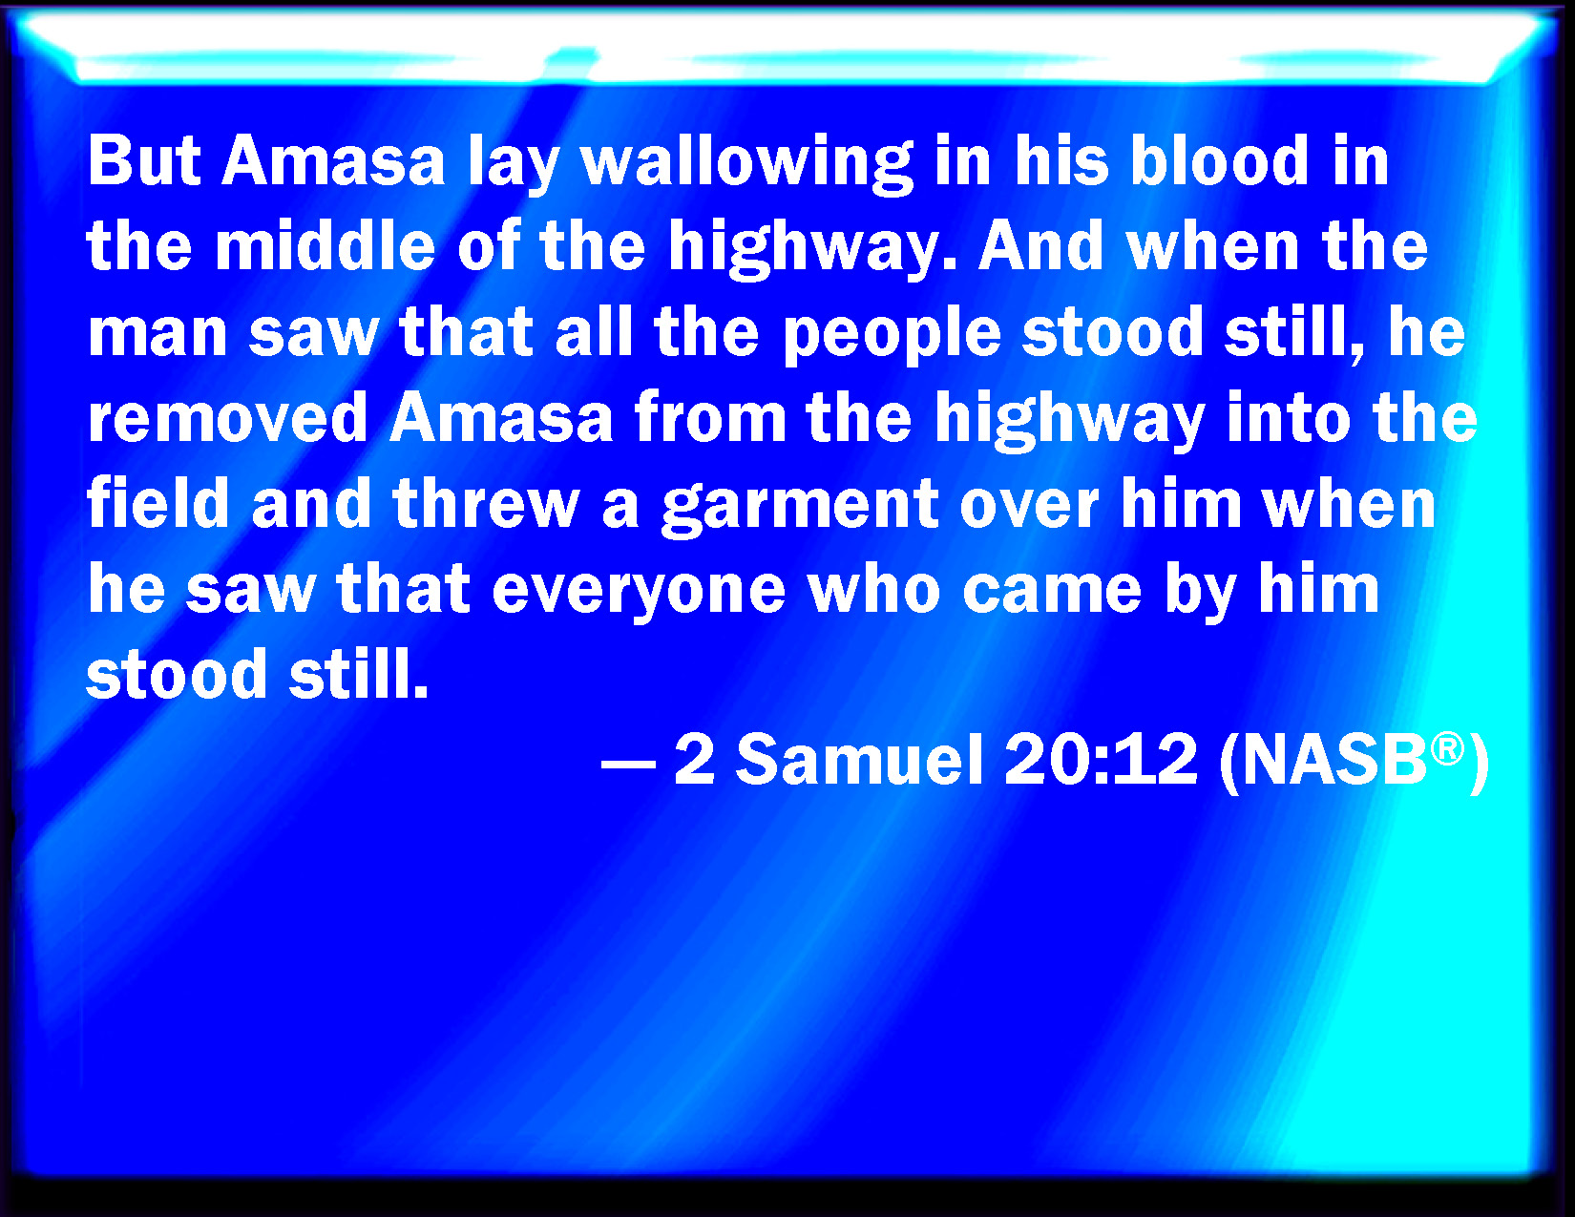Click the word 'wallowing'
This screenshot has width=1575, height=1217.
coord(747,164)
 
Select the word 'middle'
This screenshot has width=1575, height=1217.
coord(325,245)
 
